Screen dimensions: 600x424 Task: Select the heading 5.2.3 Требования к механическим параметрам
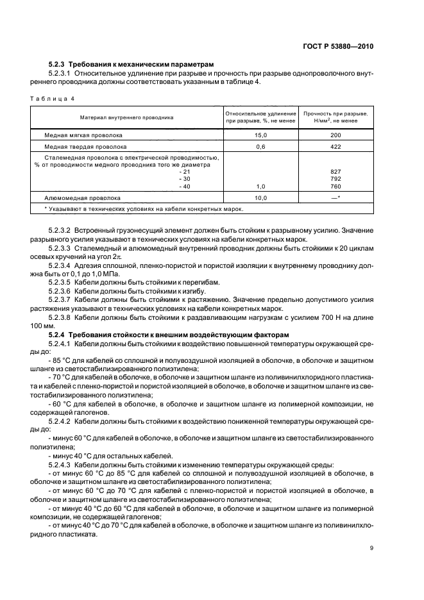click(x=131, y=65)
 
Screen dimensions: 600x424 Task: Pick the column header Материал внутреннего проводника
click(x=126, y=117)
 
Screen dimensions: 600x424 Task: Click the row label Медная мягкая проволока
click(x=83, y=136)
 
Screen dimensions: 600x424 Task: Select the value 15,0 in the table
click(x=260, y=136)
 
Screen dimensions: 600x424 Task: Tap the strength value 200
click(x=335, y=136)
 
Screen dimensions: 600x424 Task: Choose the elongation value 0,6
click(x=260, y=146)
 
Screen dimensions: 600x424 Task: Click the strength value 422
click(x=335, y=146)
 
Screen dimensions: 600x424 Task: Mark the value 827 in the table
click(x=335, y=172)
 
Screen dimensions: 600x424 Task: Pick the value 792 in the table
click(x=335, y=179)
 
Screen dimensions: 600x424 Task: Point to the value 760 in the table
click(x=335, y=187)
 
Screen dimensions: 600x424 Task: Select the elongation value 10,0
click(x=260, y=198)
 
